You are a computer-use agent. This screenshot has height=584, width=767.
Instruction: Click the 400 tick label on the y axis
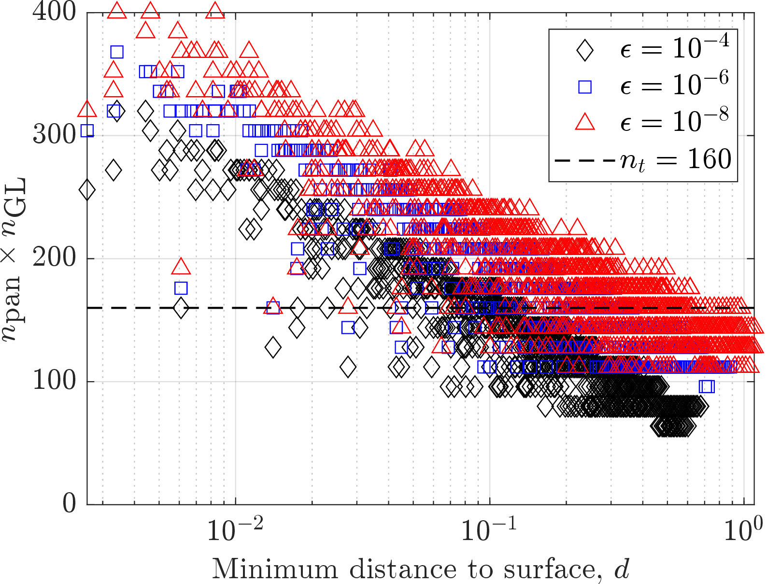pyautogui.click(x=54, y=12)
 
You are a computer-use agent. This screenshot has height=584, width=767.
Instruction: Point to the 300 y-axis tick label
pyautogui.click(x=54, y=135)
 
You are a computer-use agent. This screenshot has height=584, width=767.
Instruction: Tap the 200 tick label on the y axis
pyautogui.click(x=54, y=258)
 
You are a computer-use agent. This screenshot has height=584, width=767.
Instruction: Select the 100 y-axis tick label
pyautogui.click(x=54, y=381)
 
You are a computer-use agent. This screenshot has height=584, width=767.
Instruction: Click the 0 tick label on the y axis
pyautogui.click(x=69, y=504)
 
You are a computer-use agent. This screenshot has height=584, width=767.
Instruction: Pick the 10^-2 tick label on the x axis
pyautogui.click(x=235, y=529)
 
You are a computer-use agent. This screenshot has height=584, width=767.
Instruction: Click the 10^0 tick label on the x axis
pyautogui.click(x=738, y=529)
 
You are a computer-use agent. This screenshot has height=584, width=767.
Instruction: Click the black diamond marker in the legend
pyautogui.click(x=584, y=50)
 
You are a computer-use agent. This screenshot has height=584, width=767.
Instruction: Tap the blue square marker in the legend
pyautogui.click(x=584, y=86)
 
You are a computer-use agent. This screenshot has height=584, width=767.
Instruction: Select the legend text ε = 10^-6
pyautogui.click(x=674, y=85)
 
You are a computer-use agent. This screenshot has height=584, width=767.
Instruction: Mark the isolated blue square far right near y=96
pyautogui.click(x=706, y=386)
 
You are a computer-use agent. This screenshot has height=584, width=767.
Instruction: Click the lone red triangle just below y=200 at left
pyautogui.click(x=181, y=267)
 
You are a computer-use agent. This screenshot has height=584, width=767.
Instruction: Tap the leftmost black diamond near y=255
pyautogui.click(x=87, y=190)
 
